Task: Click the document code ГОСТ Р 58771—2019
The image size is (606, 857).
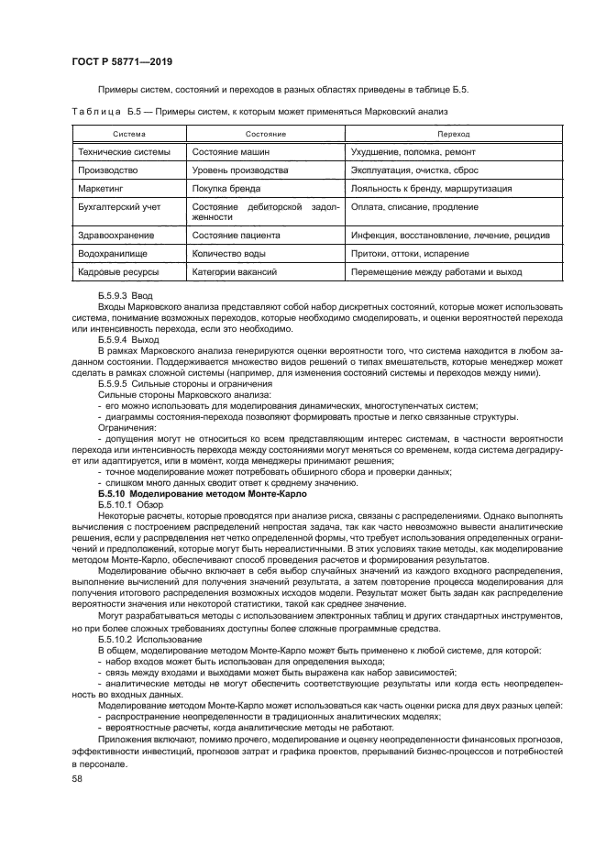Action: point(122,61)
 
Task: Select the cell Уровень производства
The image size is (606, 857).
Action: point(243,170)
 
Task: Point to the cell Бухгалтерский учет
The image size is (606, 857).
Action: point(119,206)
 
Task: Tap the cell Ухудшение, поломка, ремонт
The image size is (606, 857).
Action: point(414,152)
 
